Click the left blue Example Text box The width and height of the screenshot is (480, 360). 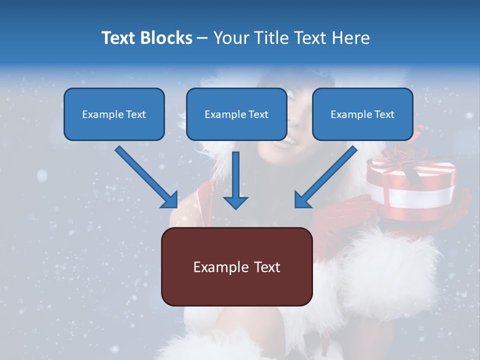click(114, 114)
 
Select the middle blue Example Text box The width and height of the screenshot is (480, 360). click(236, 114)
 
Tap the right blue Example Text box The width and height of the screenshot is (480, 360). click(362, 114)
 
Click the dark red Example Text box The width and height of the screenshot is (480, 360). click(236, 266)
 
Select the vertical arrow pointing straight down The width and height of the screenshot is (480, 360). click(235, 180)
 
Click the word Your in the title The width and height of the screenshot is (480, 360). click(229, 38)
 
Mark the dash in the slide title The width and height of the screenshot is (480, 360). click(202, 38)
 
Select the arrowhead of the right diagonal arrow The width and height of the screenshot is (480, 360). click(303, 199)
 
